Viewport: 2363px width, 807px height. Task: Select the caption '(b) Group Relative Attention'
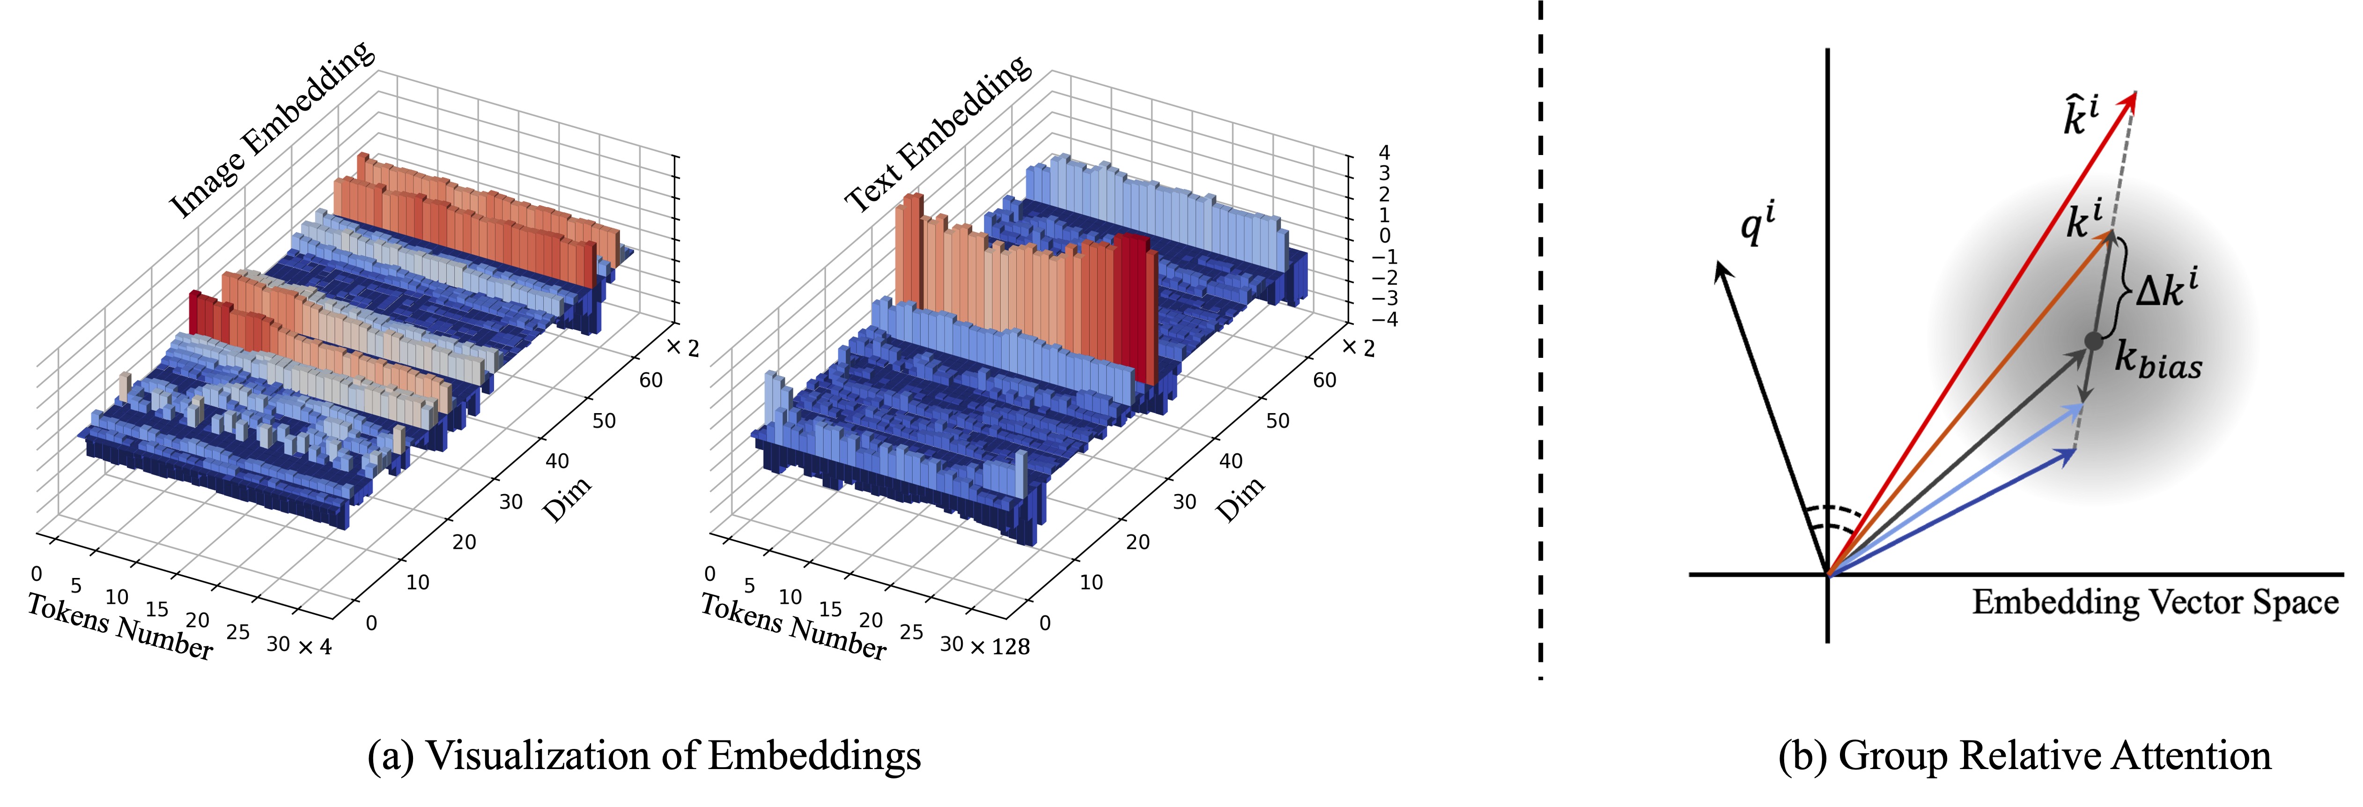tap(2024, 755)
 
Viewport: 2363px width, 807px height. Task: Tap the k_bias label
tap(2157, 360)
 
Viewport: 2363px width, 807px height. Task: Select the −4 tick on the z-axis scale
tap(1383, 319)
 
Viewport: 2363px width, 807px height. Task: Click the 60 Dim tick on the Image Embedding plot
tap(650, 380)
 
